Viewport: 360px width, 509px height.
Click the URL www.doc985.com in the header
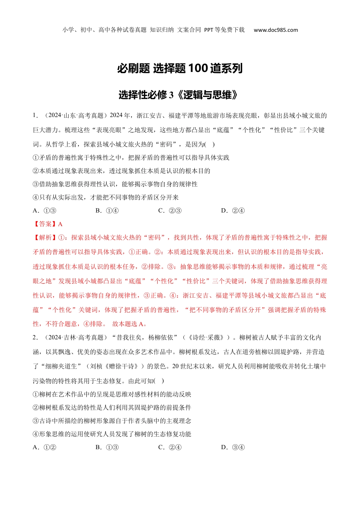coord(275,30)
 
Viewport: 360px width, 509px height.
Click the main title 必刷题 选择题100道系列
coord(180,69)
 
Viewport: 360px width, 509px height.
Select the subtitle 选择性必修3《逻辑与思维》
coord(180,95)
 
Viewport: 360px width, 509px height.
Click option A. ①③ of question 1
coord(45,211)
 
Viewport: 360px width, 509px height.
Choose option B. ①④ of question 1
coord(107,211)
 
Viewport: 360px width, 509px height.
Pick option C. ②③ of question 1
coord(170,211)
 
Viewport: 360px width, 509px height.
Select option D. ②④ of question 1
coord(233,211)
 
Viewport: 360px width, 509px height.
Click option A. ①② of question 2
coord(45,447)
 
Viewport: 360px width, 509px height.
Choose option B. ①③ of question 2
coord(107,447)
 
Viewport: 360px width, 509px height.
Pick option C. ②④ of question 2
coord(170,447)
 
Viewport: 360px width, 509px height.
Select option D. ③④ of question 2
coord(233,447)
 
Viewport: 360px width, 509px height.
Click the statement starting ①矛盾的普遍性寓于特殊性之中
coord(131,158)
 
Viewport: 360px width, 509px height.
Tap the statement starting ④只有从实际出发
coord(106,197)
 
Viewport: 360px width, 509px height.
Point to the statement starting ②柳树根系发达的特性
coord(112,408)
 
